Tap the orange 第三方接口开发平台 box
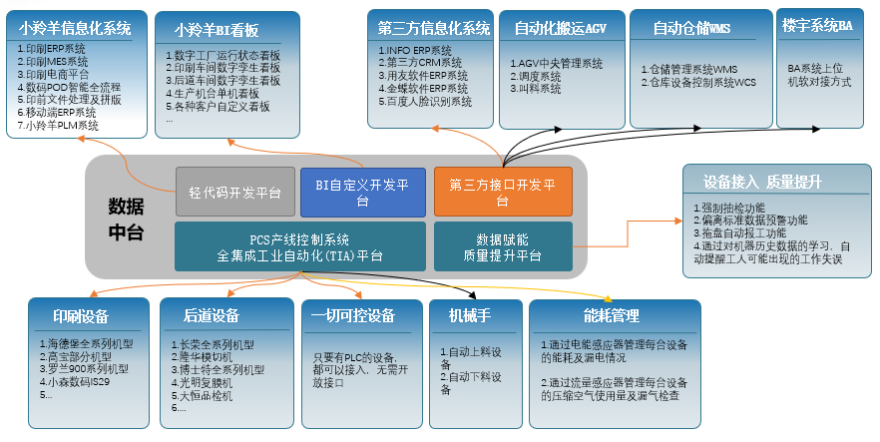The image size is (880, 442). click(x=502, y=192)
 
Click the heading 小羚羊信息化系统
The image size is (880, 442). click(x=76, y=29)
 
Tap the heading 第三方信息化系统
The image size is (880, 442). click(x=434, y=28)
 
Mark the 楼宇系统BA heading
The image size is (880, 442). click(x=818, y=25)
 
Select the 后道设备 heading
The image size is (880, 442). click(x=212, y=316)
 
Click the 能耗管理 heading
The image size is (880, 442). click(x=610, y=316)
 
